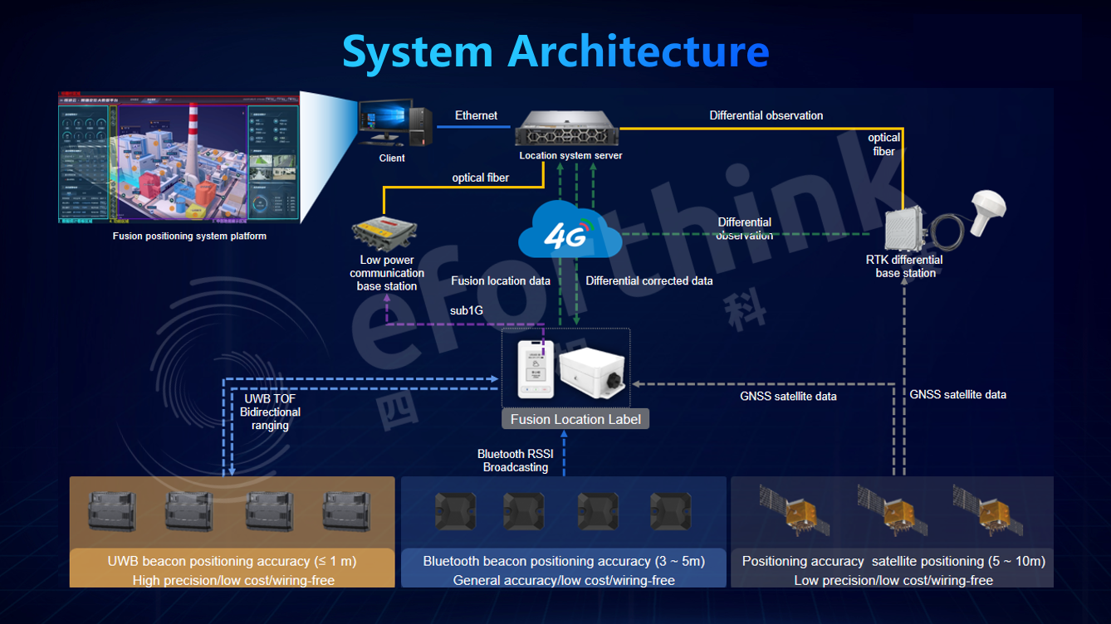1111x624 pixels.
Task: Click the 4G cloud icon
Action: tap(570, 232)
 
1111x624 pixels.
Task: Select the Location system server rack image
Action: tap(569, 131)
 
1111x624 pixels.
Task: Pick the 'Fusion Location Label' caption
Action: tap(575, 419)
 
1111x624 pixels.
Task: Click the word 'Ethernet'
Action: tap(477, 115)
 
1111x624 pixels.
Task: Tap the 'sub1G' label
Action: tap(467, 310)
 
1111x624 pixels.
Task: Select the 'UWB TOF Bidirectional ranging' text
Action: tap(270, 412)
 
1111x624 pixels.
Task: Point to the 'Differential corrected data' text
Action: tap(649, 280)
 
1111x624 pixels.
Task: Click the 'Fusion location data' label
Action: tap(501, 280)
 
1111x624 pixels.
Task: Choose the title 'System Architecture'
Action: tap(555, 51)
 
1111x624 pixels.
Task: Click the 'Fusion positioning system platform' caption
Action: tap(189, 236)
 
